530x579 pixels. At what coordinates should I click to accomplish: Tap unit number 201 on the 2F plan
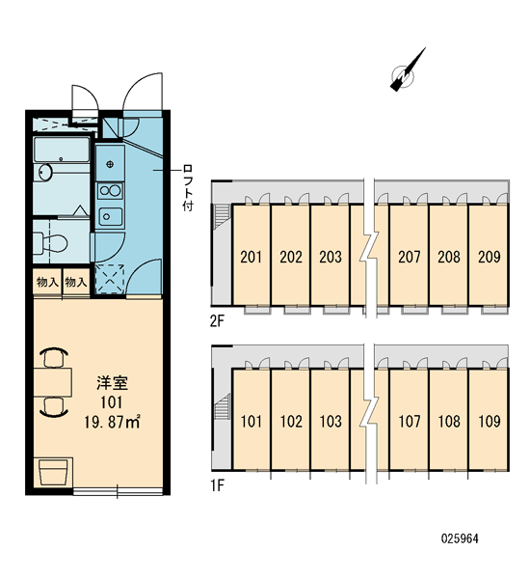pyautogui.click(x=251, y=257)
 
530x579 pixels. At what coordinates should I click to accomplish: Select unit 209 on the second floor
pyautogui.click(x=490, y=257)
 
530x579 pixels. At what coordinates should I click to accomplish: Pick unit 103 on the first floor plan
pyautogui.click(x=331, y=422)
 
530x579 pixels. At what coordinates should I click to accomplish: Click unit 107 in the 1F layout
pyautogui.click(x=410, y=422)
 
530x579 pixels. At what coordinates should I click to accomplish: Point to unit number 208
pyautogui.click(x=449, y=257)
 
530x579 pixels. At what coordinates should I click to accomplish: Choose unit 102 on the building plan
pyautogui.click(x=291, y=422)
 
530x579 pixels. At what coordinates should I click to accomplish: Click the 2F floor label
pyautogui.click(x=217, y=321)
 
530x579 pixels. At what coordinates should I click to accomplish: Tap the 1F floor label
pyautogui.click(x=217, y=485)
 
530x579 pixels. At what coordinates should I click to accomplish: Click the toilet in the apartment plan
pyautogui.click(x=50, y=243)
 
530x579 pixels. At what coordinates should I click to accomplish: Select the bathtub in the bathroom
pyautogui.click(x=62, y=150)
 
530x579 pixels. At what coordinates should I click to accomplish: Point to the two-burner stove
pyautogui.click(x=110, y=191)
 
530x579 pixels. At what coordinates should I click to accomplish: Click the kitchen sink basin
pyautogui.click(x=110, y=217)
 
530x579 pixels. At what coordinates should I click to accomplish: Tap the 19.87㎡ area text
pyautogui.click(x=112, y=422)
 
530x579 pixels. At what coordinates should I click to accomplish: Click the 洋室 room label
pyautogui.click(x=112, y=383)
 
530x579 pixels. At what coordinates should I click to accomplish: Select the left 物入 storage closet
pyautogui.click(x=47, y=283)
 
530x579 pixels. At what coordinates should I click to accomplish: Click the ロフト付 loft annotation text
pyautogui.click(x=188, y=188)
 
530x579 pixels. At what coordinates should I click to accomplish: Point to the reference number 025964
pyautogui.click(x=460, y=538)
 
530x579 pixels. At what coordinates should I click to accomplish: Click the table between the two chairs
pyautogui.click(x=52, y=382)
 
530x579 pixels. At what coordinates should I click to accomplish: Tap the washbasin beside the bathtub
pyautogui.click(x=45, y=173)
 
